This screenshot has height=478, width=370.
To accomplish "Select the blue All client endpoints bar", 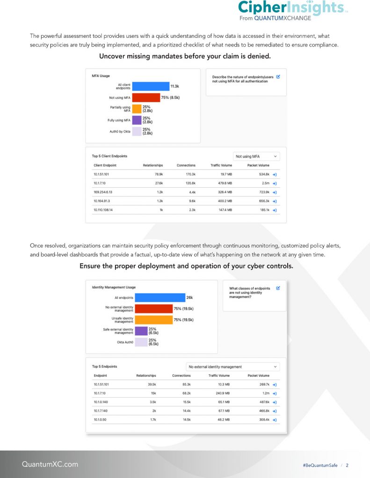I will pyautogui.click(x=150, y=86).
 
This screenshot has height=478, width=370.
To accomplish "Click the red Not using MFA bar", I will pyautogui.click(x=145, y=98).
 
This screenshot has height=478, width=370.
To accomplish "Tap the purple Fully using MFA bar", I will pyautogui.click(x=137, y=120).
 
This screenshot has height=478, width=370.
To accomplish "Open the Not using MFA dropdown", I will pyautogui.click(x=256, y=156).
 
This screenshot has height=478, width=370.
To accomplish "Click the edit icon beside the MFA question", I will pyautogui.click(x=278, y=77).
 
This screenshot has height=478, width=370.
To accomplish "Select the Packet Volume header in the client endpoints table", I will pyautogui.click(x=258, y=165).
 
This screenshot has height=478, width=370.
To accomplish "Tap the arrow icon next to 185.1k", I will pyautogui.click(x=275, y=210).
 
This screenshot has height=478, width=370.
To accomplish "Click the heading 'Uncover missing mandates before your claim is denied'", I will pyautogui.click(x=185, y=56).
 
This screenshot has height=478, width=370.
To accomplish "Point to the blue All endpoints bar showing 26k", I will pyautogui.click(x=153, y=297).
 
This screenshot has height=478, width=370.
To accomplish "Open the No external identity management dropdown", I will pyautogui.click(x=232, y=366).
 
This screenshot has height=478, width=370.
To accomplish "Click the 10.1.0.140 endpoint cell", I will pyautogui.click(x=102, y=402).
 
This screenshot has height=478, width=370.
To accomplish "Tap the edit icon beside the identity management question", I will pyautogui.click(x=278, y=288).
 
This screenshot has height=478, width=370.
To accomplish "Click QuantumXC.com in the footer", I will pyautogui.click(x=50, y=464).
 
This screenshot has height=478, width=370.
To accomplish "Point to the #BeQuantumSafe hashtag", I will pyautogui.click(x=320, y=465).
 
